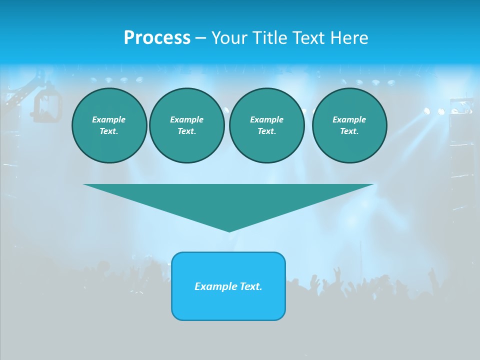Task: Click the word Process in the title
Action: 157,38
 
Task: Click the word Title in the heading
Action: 268,38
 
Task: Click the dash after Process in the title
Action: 200,38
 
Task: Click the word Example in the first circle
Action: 109,119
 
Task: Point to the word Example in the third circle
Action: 266,119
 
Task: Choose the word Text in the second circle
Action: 185,131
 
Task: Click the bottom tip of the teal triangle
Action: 229,230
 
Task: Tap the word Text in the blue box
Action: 250,286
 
